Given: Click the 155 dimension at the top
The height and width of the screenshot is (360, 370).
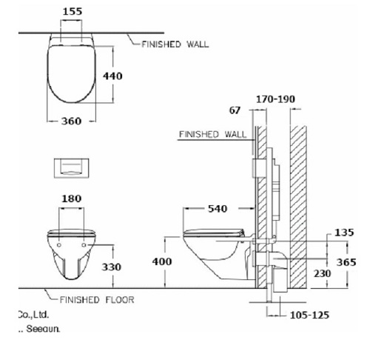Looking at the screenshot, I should coord(72,13).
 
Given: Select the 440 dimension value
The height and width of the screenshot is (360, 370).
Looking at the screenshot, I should coord(111,76).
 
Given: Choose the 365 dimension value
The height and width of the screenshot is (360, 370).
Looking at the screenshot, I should coord(346,262).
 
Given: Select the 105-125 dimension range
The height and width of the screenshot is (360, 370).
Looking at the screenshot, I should coord(309,315).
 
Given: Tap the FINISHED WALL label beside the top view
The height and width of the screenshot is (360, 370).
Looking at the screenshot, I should coord(175,44).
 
